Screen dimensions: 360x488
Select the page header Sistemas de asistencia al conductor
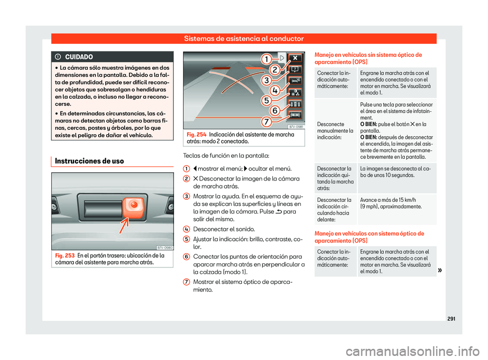pos(244,38)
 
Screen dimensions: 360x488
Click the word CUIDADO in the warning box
pos(79,56)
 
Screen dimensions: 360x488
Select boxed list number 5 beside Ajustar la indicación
pos(187,238)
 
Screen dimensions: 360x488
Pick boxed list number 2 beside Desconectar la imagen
pos(187,178)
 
